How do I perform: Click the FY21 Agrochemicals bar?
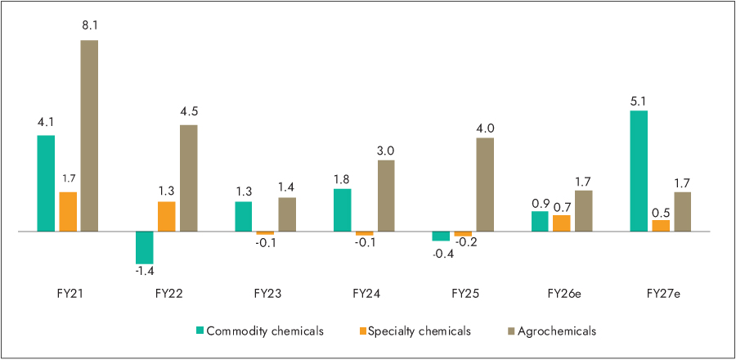pos(89,136)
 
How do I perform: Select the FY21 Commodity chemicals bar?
pos(46,183)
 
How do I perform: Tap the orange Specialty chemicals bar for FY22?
pos(166,217)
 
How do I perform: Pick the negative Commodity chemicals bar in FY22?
pos(145,247)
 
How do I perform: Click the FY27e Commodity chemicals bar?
pos(639,171)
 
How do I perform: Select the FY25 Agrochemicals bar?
pos(485,185)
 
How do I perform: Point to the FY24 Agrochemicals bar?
pos(386,196)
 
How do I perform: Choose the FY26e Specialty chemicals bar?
pos(562,223)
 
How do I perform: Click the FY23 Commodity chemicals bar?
pos(244,217)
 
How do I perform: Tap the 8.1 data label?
pos(89,26)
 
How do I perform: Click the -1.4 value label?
pos(145,271)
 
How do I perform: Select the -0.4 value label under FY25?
pos(442,254)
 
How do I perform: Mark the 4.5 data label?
pos(188,112)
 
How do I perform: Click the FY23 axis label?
pos(265,292)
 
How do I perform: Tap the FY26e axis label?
pos(562,292)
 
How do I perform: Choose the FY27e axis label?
pos(661,292)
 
